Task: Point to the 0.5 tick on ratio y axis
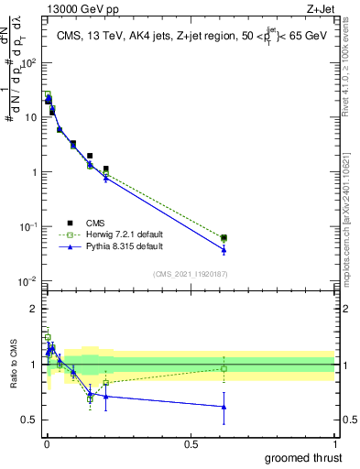pyautogui.click(x=31, y=420)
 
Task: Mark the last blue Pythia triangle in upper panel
pyautogui.click(x=224, y=249)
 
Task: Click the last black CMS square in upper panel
pyautogui.click(x=224, y=237)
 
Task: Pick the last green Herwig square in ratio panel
pyautogui.click(x=224, y=368)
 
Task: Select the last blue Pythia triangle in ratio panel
pyautogui.click(x=224, y=407)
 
